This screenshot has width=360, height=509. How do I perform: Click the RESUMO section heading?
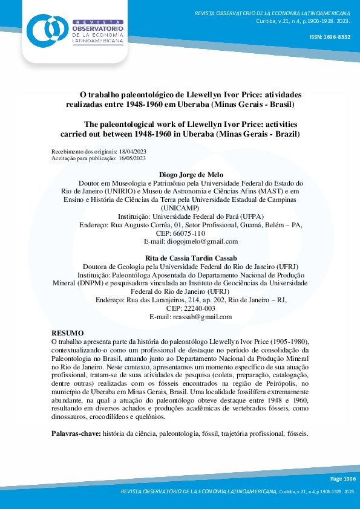[68, 333]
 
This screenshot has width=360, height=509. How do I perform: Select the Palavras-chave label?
[76, 434]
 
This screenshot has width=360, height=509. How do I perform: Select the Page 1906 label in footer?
[343, 478]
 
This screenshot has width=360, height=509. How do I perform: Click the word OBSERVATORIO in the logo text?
[97, 28]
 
